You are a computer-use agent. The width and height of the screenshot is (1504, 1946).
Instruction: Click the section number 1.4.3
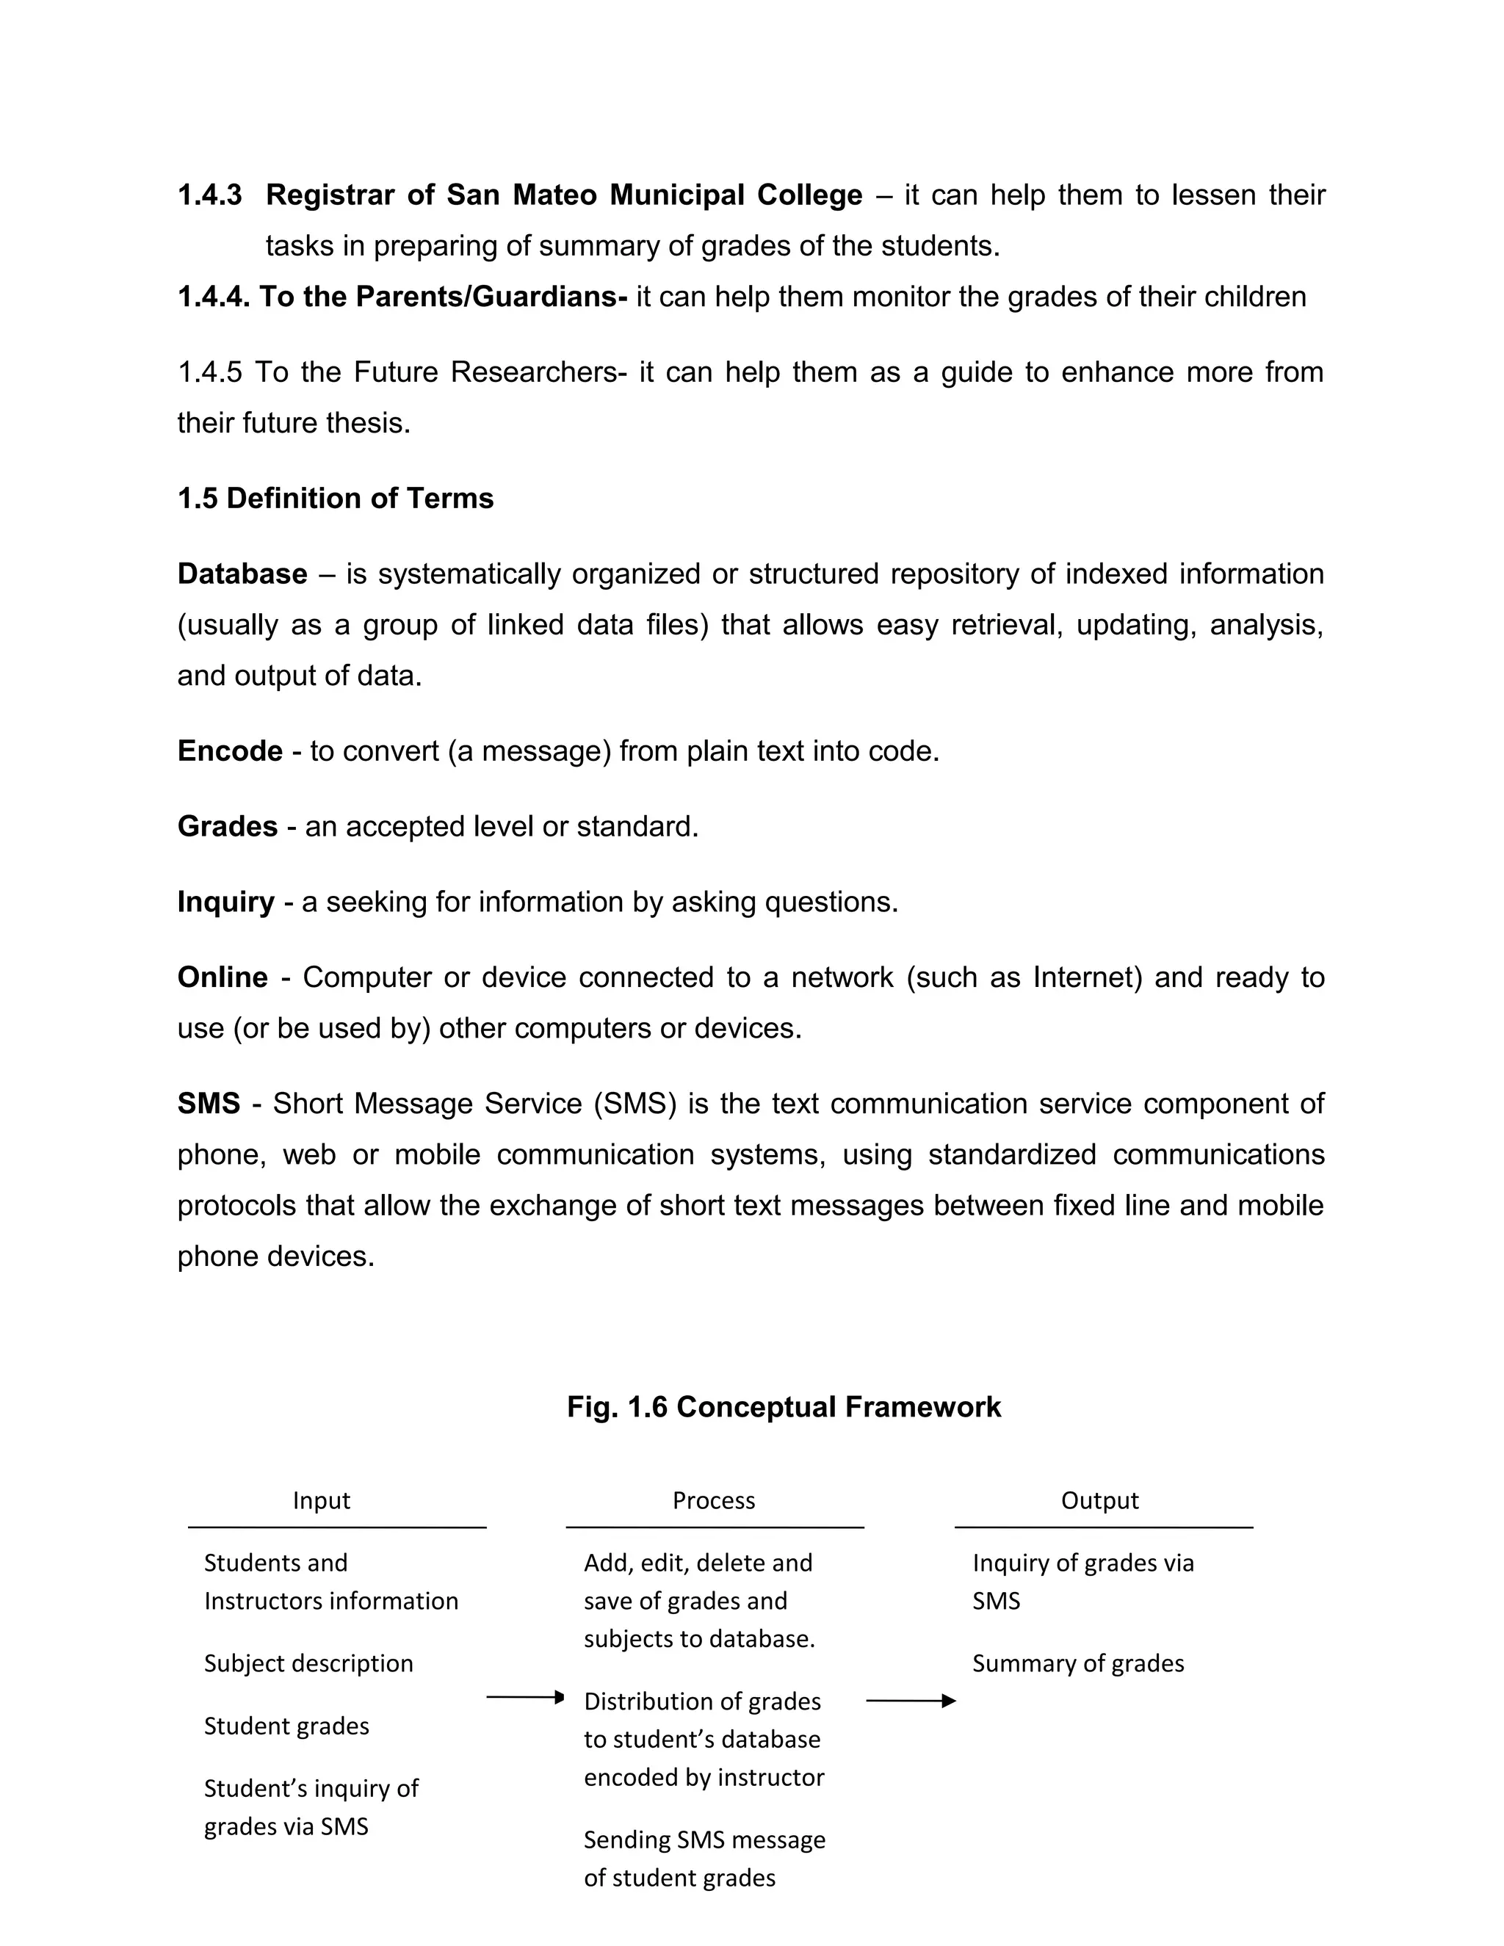tap(209, 195)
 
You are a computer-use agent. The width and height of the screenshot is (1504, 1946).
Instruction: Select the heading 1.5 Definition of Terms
tap(335, 498)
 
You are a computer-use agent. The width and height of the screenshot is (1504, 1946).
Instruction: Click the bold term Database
tap(242, 574)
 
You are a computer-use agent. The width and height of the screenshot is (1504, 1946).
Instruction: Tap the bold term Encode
tap(230, 751)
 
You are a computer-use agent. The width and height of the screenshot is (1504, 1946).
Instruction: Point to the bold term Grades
tap(227, 827)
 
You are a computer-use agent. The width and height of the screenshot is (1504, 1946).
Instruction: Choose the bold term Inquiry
tap(225, 902)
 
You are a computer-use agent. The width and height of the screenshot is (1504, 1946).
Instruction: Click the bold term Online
tap(223, 977)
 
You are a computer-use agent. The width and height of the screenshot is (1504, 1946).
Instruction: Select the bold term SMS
tap(209, 1104)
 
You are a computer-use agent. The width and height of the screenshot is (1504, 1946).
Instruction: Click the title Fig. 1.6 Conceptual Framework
tap(784, 1407)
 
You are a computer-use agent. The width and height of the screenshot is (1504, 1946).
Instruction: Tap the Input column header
tap(321, 1500)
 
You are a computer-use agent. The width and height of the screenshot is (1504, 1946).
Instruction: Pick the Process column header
tap(714, 1500)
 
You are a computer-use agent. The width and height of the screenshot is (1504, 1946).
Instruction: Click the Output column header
tap(1099, 1500)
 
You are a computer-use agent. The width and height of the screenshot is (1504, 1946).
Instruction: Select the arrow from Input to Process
tap(526, 1697)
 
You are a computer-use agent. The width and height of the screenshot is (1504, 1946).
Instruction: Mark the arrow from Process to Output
tap(911, 1701)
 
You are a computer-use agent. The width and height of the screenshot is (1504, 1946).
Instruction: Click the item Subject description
tap(308, 1663)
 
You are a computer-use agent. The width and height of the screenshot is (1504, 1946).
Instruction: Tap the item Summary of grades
tap(1078, 1663)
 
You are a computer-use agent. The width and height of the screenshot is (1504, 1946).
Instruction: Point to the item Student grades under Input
tap(286, 1726)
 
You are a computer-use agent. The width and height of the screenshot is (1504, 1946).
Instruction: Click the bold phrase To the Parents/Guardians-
tap(444, 297)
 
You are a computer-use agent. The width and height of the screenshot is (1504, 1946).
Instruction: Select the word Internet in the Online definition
tap(1087, 977)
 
